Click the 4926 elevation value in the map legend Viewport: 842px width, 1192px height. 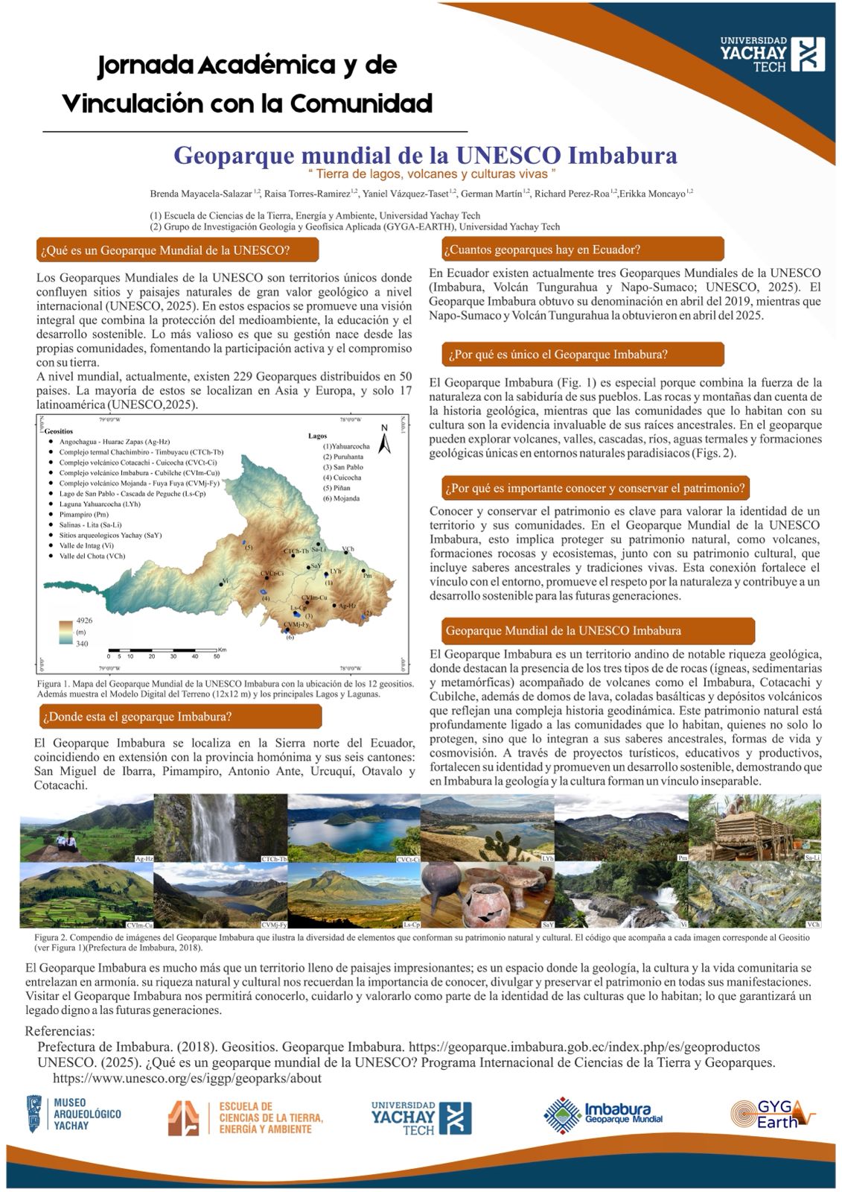(x=84, y=620)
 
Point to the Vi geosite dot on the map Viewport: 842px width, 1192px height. (x=221, y=583)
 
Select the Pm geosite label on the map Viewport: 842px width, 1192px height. (x=366, y=575)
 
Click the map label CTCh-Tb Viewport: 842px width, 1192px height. (x=296, y=551)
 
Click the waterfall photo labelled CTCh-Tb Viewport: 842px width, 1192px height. (x=220, y=828)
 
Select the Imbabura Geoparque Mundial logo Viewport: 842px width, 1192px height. (x=603, y=1115)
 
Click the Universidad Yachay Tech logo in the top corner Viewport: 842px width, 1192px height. (x=762, y=54)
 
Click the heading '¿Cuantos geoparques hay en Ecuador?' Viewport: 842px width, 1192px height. (x=541, y=250)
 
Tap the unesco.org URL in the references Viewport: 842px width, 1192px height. (x=187, y=1078)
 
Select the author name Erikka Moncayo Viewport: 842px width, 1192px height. (x=652, y=194)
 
